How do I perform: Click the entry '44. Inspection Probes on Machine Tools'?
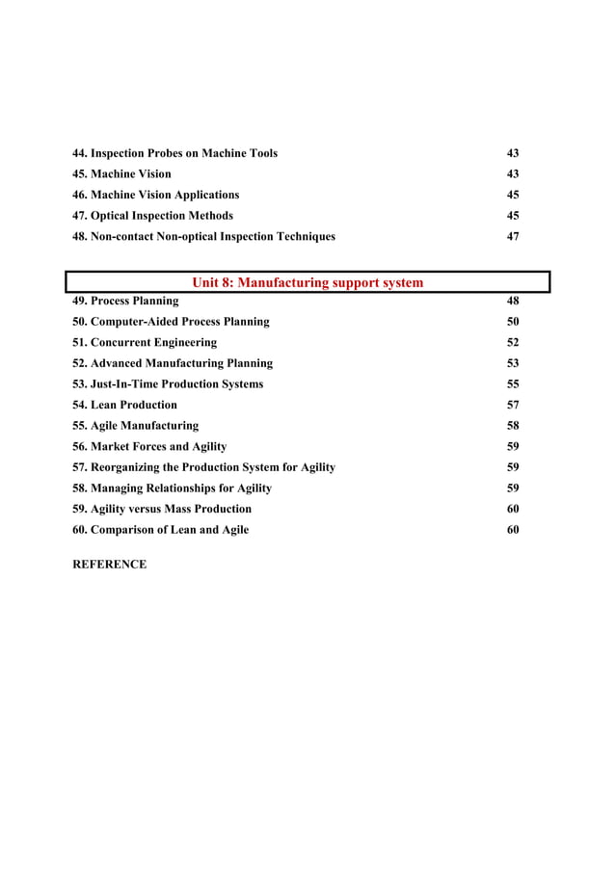175,153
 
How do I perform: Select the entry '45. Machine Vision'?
122,174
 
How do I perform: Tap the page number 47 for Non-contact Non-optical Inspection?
513,236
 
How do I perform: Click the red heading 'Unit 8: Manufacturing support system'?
307,282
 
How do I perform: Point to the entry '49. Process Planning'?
126,301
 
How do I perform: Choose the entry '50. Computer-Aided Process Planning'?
172,322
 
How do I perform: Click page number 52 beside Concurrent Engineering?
513,342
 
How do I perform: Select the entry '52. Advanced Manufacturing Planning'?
174,363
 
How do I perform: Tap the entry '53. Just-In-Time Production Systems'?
169,384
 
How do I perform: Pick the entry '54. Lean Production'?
125,405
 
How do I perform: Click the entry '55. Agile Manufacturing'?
136,426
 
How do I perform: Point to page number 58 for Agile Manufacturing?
513,426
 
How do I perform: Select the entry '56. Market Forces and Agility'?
150,446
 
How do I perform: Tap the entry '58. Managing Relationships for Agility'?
173,488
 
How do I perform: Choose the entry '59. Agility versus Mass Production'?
163,509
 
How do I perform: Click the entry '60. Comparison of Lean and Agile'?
161,530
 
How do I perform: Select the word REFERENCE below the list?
111,565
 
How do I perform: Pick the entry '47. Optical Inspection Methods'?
153,216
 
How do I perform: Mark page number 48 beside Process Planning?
513,301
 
